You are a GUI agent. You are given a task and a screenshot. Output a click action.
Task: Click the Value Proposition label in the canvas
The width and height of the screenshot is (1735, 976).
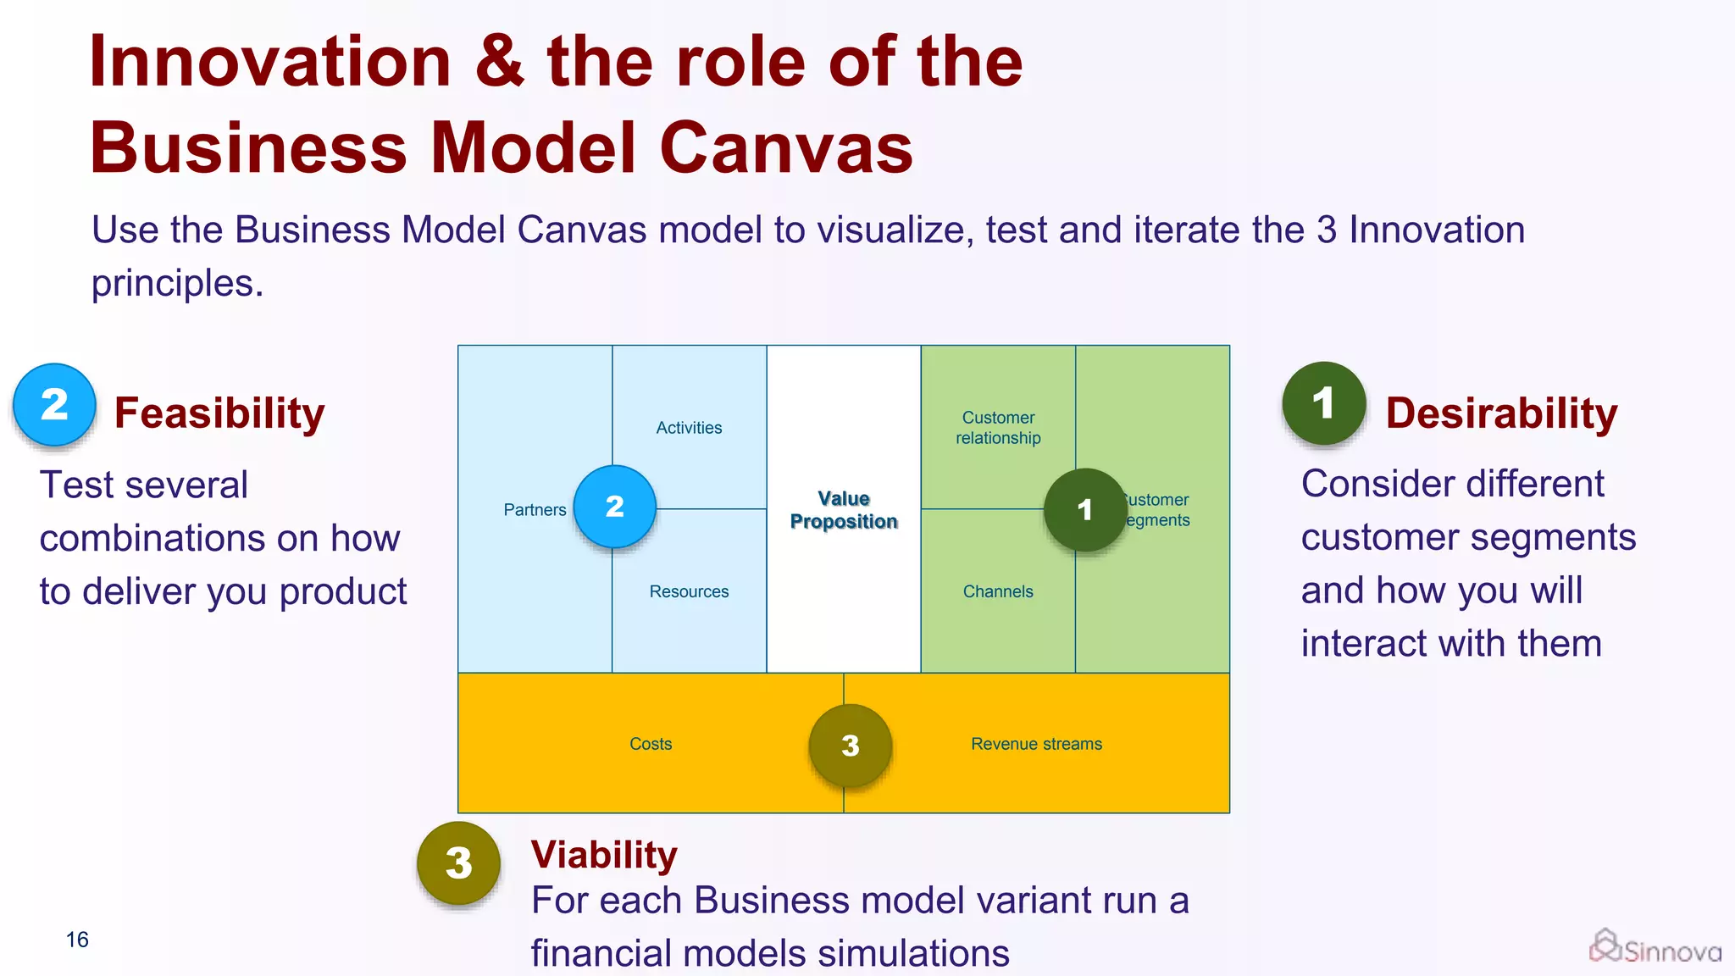tap(843, 510)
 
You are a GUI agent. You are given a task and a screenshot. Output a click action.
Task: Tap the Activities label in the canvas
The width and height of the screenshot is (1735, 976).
tap(689, 428)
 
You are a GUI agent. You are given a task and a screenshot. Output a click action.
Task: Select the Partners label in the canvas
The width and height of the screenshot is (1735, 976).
tap(535, 510)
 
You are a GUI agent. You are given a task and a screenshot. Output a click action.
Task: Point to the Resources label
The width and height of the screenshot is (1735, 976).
tap(689, 591)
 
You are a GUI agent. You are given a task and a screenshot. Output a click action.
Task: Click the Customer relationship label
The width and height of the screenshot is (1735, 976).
tap(998, 428)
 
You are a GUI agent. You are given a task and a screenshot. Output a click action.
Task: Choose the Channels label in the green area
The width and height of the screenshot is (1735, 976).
tap(998, 591)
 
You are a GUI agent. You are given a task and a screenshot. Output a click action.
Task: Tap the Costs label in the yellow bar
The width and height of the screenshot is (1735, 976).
tap(651, 744)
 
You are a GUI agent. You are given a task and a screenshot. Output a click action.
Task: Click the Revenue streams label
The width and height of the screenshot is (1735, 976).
tap(1036, 744)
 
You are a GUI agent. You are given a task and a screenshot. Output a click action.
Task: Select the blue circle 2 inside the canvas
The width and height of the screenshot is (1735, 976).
tap(615, 507)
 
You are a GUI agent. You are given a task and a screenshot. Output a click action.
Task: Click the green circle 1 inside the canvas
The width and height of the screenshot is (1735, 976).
tap(1085, 510)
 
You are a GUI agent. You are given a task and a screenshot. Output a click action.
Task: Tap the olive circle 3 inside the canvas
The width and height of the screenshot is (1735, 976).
tap(851, 746)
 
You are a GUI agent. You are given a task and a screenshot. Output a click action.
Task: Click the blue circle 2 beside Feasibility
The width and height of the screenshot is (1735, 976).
tap(54, 405)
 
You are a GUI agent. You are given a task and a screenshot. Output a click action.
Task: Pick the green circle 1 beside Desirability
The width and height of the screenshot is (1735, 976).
tap(1323, 403)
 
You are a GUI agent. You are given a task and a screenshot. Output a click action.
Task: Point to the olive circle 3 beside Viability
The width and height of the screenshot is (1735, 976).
tap(458, 863)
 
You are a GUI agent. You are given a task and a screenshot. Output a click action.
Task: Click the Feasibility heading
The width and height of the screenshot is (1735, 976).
tap(219, 413)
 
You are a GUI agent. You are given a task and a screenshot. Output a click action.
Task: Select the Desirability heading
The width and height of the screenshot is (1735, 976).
tap(1501, 413)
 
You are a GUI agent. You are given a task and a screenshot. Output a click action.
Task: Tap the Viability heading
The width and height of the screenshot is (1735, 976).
tap(604, 855)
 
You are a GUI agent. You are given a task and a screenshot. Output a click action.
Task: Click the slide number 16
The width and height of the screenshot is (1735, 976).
tap(77, 940)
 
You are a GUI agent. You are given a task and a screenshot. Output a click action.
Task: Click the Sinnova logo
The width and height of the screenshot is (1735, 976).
tap(1655, 947)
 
